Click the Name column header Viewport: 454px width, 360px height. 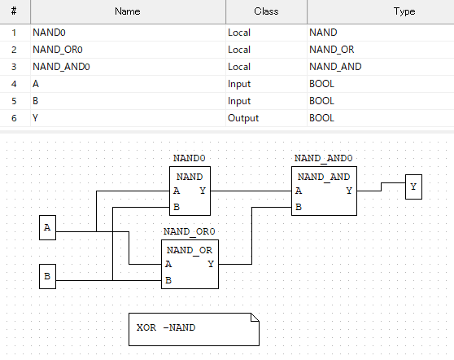[x=128, y=11]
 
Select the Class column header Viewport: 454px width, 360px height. [x=266, y=11]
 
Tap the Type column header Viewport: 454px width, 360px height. [x=404, y=11]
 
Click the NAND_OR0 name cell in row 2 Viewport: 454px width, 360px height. [x=58, y=50]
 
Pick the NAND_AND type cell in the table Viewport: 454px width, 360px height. [x=335, y=67]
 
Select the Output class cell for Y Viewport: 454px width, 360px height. [x=243, y=118]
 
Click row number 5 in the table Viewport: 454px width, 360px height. [x=14, y=101]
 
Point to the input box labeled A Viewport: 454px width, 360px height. [x=47, y=227]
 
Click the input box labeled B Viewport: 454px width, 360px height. [x=47, y=276]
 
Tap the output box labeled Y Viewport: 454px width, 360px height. [x=413, y=187]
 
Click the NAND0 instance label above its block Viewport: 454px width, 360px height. [x=190, y=158]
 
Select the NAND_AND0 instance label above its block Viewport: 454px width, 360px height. [x=324, y=158]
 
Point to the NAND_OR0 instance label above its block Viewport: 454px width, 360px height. [x=190, y=231]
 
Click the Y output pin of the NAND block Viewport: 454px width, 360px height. [x=203, y=191]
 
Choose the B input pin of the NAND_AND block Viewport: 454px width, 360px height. [x=299, y=207]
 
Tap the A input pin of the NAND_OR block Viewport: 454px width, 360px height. [x=168, y=264]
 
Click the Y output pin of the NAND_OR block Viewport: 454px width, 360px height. [x=211, y=264]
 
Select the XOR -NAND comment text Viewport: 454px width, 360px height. [x=166, y=327]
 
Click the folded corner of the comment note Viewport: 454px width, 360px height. [x=255, y=317]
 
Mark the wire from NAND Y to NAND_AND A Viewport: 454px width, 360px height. [x=251, y=191]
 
